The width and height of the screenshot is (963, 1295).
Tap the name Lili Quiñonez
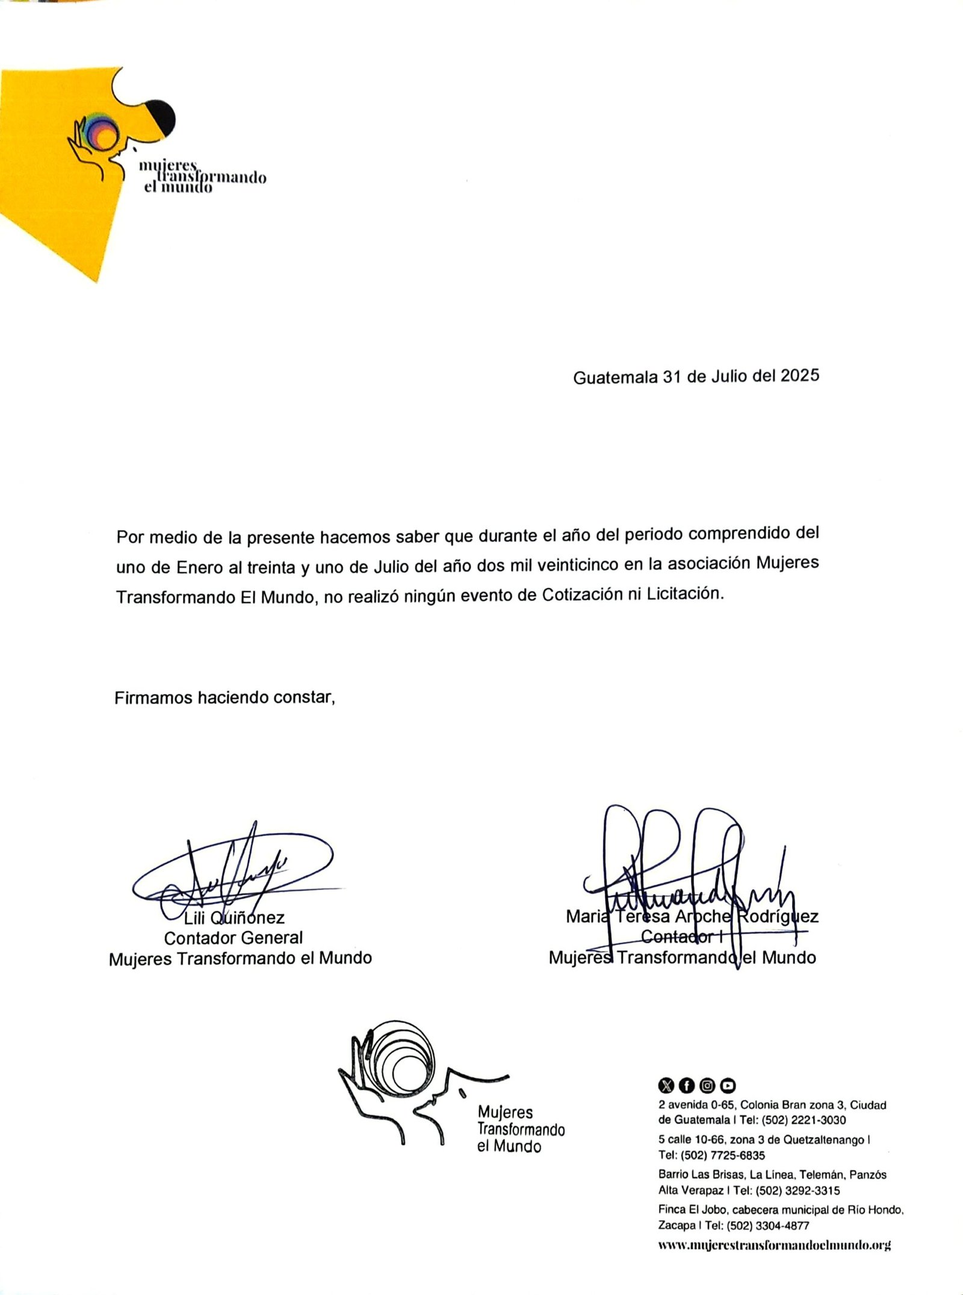tap(234, 918)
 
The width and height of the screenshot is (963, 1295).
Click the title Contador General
tap(234, 938)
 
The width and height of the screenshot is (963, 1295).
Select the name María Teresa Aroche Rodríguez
tap(692, 917)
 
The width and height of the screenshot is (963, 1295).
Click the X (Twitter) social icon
tap(666, 1085)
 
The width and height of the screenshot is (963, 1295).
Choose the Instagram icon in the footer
tap(708, 1085)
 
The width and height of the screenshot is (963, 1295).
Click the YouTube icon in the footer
tap(728, 1085)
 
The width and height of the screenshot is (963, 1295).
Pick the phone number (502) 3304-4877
tap(767, 1225)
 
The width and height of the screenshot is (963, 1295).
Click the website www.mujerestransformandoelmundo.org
tap(775, 1245)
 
